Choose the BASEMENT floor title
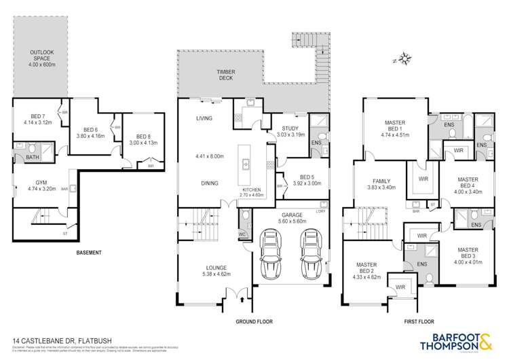[x=89, y=253]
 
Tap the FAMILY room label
[x=383, y=181]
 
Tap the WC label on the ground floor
[x=241, y=236]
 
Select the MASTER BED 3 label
[x=468, y=253]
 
